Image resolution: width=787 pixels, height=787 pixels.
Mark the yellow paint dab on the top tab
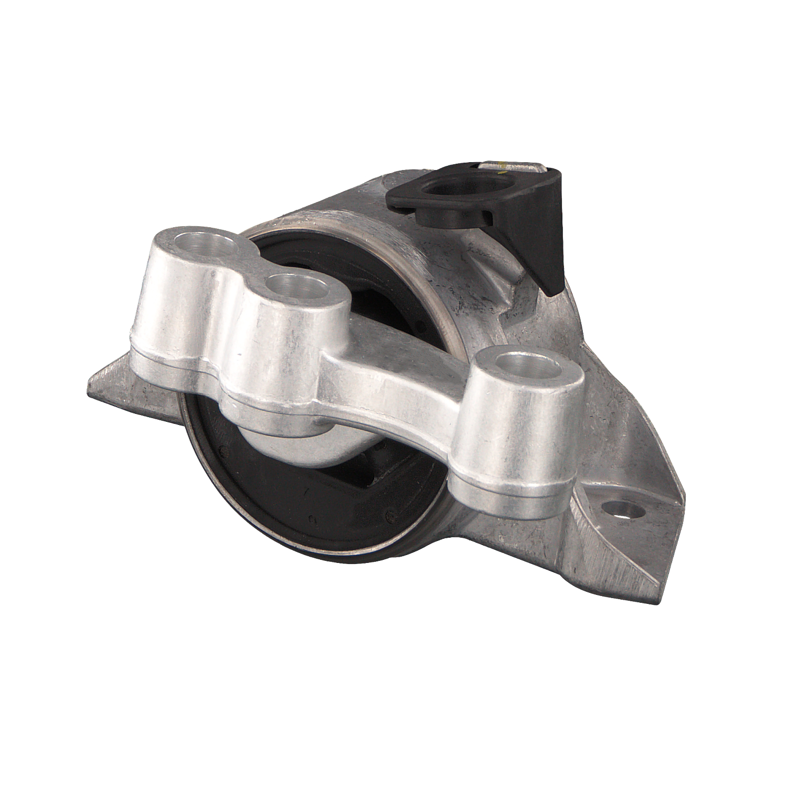point(503,169)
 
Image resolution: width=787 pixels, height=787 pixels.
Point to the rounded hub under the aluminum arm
point(294,446)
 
